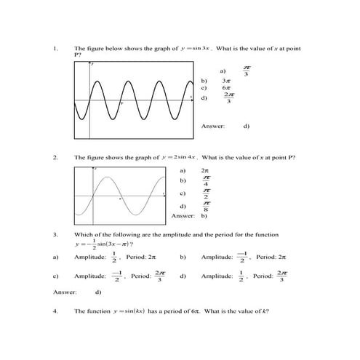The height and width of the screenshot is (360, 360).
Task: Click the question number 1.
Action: point(55,49)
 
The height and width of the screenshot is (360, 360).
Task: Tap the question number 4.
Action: point(55,311)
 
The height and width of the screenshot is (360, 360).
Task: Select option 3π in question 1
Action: point(226,81)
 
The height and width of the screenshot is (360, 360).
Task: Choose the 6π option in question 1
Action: point(226,88)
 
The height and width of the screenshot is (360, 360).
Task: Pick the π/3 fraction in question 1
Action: point(247,71)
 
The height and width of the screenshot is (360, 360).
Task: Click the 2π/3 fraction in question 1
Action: point(229,98)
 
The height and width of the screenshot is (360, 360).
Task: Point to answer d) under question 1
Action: point(247,126)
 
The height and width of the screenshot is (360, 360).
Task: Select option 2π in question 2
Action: point(204,169)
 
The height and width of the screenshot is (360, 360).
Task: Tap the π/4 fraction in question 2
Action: point(207,180)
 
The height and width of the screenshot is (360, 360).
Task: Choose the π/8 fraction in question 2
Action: point(207,207)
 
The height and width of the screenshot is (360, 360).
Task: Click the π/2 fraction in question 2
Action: point(207,193)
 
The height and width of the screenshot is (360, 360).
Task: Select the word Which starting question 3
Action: point(83,234)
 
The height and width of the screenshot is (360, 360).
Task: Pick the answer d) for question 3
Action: point(98,292)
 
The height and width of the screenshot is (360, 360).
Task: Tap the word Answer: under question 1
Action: point(212,126)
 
